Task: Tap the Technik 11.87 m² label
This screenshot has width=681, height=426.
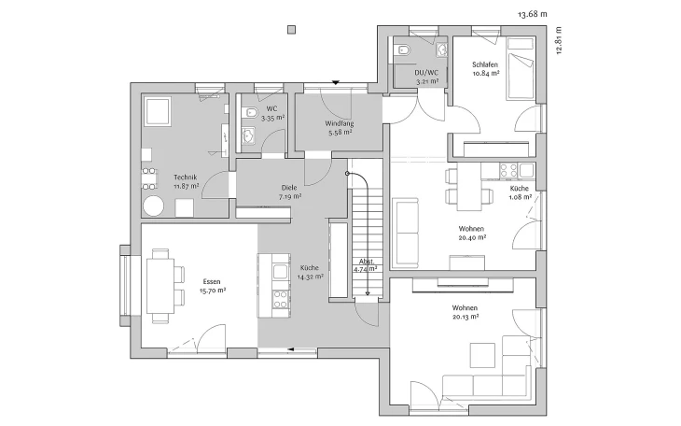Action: pos(186,181)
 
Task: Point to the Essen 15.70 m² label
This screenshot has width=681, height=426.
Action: pos(212,286)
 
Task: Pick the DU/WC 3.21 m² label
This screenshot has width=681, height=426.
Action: pos(426,77)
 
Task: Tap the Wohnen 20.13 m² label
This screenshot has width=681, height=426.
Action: pos(466,312)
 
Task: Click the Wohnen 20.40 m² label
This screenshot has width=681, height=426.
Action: pos(472,233)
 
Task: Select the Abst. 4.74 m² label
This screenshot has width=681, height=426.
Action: pos(367,265)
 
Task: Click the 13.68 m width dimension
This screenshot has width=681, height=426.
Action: pos(533,14)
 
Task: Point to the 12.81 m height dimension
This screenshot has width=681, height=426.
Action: pos(559,40)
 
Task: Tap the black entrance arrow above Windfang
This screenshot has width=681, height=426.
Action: pos(335,82)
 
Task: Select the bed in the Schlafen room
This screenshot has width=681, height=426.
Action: pos(521,68)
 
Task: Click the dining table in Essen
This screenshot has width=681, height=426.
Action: pos(160,286)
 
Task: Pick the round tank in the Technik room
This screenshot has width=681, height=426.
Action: pos(154,206)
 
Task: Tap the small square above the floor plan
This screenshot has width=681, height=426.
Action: pos(292,30)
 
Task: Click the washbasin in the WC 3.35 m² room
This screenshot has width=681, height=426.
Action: pos(249,135)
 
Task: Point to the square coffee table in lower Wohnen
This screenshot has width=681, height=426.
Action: pos(482,356)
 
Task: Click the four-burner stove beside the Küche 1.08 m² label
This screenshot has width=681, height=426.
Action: pos(508,170)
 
